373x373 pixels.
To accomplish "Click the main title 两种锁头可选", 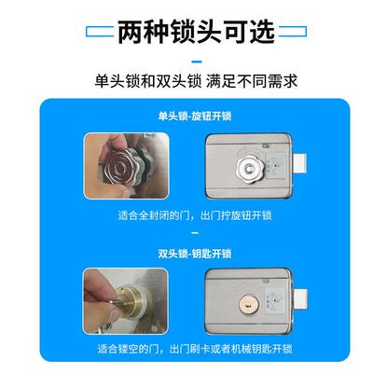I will coord(197,31).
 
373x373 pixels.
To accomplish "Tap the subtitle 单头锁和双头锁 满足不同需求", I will coord(197,81).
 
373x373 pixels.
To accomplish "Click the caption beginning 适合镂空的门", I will coord(196,351).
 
